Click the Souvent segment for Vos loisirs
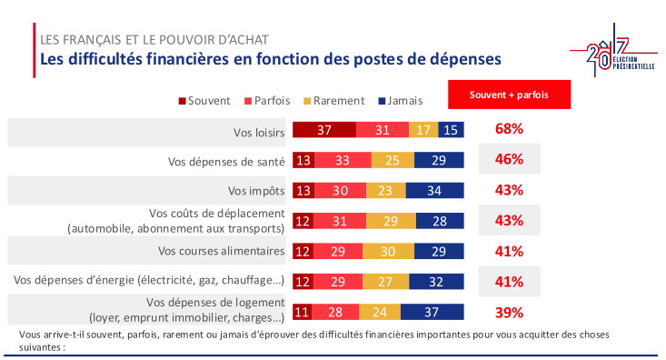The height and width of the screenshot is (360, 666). tap(323, 129)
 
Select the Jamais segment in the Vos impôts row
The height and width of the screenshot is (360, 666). tap(435, 190)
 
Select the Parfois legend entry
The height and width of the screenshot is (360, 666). tap(265, 101)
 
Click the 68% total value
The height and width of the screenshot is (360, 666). tap(509, 129)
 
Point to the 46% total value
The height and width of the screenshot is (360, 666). tap(509, 160)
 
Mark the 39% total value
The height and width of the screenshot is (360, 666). tap(509, 312)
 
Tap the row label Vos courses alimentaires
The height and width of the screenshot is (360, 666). tap(222, 251)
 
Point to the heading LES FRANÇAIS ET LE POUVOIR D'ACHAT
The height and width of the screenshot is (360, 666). tap(154, 40)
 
